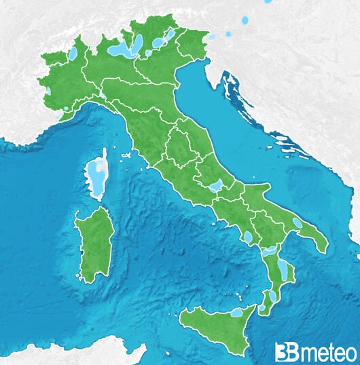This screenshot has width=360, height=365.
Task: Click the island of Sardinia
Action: pyautogui.click(x=94, y=245)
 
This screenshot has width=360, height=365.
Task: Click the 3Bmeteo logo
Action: pyautogui.click(x=315, y=351)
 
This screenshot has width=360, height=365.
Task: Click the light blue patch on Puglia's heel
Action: pyautogui.click(x=297, y=223)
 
